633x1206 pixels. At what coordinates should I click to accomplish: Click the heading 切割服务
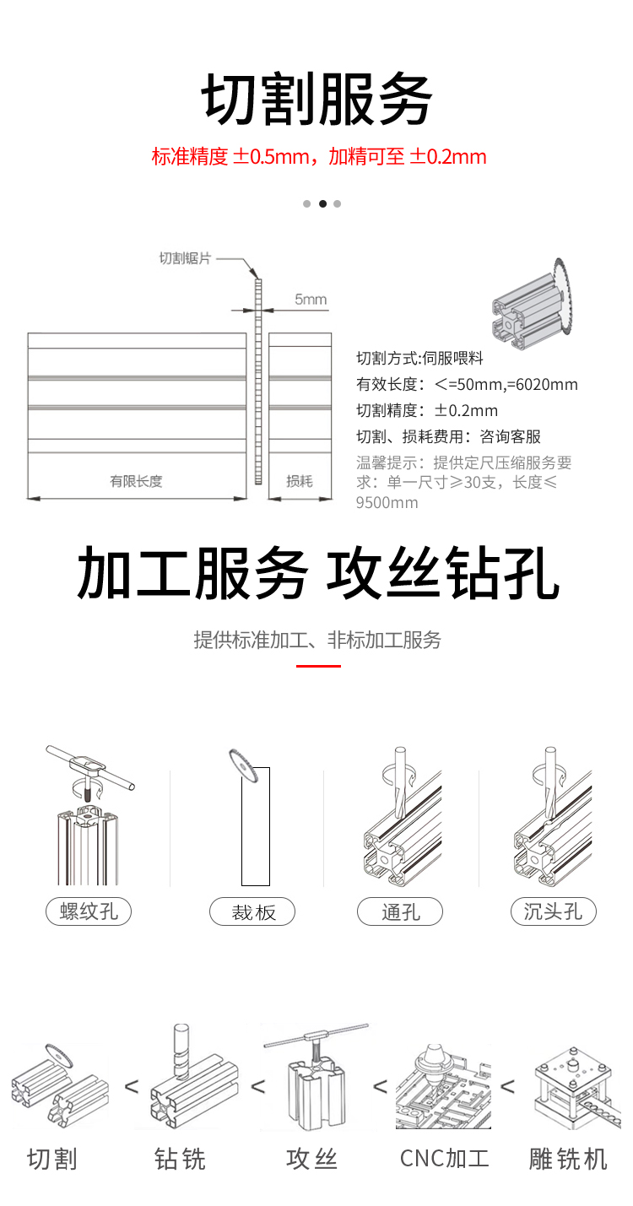tap(316, 100)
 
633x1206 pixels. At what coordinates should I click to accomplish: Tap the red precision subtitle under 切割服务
tap(319, 156)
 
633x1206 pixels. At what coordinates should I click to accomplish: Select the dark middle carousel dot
tap(322, 203)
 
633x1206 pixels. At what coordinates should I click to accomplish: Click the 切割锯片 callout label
tap(185, 258)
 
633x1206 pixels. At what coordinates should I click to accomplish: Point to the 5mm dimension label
tap(311, 300)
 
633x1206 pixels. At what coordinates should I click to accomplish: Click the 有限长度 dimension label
tap(136, 481)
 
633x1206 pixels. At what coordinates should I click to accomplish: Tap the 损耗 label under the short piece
tap(300, 481)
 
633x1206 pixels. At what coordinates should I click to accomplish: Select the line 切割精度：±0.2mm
tap(427, 411)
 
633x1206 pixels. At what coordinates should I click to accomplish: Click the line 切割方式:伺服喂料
tap(419, 358)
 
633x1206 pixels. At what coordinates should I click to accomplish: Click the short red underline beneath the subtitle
tap(318, 666)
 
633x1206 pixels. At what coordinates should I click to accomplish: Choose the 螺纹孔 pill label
tap(89, 911)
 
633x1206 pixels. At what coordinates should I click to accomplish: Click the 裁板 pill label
tap(253, 912)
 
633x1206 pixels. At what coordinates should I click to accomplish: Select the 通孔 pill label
tap(400, 911)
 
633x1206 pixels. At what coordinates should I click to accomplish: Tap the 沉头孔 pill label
tap(553, 911)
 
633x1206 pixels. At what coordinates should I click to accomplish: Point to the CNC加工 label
tap(444, 1159)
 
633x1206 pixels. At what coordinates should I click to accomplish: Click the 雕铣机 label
tap(568, 1159)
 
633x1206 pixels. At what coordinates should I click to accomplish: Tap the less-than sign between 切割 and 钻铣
tap(132, 1086)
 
